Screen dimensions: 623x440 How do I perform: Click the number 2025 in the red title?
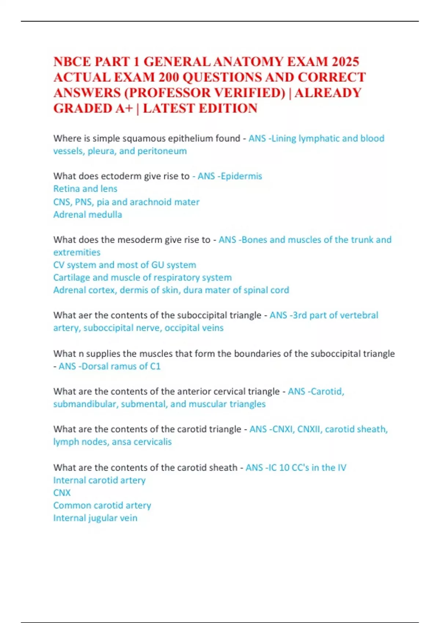click(344, 62)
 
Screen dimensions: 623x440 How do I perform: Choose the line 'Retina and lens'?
click(85, 189)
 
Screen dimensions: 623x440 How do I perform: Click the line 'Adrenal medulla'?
click(88, 214)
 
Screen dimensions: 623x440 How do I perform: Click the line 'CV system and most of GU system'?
click(125, 265)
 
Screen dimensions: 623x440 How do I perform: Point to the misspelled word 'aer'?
click(85, 316)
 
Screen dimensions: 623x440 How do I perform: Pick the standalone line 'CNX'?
click(62, 493)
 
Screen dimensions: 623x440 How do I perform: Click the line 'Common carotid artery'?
click(102, 505)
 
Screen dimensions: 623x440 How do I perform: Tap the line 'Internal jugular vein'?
click(95, 518)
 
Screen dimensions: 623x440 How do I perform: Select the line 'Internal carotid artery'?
click(99, 480)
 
